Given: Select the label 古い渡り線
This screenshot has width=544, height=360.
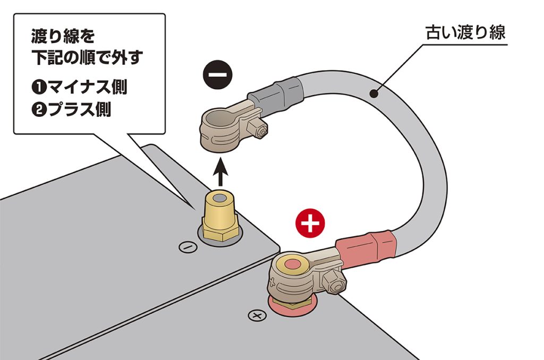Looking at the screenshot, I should click(x=465, y=33).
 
